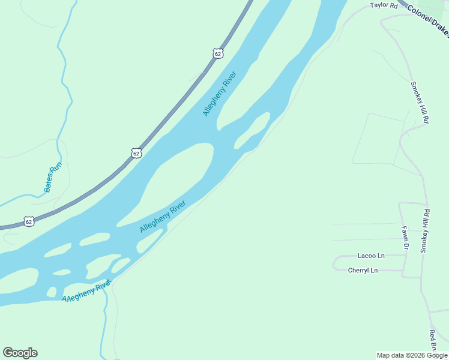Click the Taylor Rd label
pyautogui.click(x=384, y=5)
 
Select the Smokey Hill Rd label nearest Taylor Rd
pyautogui.click(x=419, y=103)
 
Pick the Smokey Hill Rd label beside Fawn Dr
pyautogui.click(x=426, y=231)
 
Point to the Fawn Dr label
pyautogui.click(x=405, y=237)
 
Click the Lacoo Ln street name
pyautogui.click(x=372, y=256)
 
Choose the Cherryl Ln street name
pyautogui.click(x=363, y=270)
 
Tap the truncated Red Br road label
pyautogui.click(x=432, y=340)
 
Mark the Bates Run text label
pyautogui.click(x=53, y=178)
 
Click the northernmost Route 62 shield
pyautogui.click(x=218, y=53)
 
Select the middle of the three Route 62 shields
pyautogui.click(x=136, y=153)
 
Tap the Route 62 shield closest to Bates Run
pyautogui.click(x=29, y=221)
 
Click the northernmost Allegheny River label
pyautogui.click(x=220, y=94)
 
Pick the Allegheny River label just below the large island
pyautogui.click(x=162, y=217)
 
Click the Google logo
pyautogui.click(x=20, y=353)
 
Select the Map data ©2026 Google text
pyautogui.click(x=412, y=355)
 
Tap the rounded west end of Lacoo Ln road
pyautogui.click(x=336, y=262)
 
